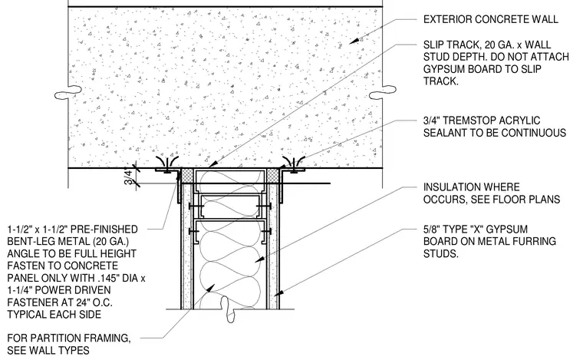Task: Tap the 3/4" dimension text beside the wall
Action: click(129, 177)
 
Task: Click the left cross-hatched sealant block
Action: click(186, 176)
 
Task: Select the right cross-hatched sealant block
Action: click(273, 176)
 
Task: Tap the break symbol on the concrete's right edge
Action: click(383, 92)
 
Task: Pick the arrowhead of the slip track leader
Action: click(212, 163)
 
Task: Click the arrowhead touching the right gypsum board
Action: click(278, 292)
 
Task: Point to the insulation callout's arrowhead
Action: click(259, 259)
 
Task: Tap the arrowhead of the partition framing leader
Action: click(210, 288)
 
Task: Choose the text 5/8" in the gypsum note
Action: click(430, 229)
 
